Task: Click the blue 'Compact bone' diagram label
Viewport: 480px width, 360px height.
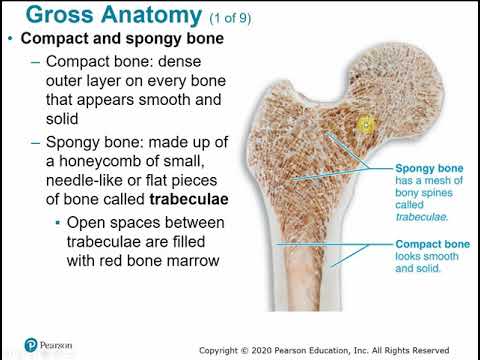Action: [x=403, y=244]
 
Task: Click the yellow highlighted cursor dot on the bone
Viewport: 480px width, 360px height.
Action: [x=365, y=125]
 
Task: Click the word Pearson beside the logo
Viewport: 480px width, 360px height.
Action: [x=59, y=345]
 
